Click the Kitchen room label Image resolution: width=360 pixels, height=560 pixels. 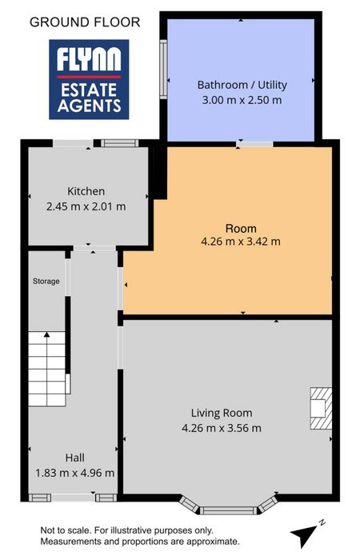pos(86,191)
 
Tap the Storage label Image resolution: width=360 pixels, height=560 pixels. pos(46,282)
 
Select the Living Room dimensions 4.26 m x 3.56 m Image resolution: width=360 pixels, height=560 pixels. pos(222,428)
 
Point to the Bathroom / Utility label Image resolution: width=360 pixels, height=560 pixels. pos(242,85)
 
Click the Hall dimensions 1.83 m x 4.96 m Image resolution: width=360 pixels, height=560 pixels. pos(74,473)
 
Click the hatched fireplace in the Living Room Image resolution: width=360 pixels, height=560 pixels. pos(321,408)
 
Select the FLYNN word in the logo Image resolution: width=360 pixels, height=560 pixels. pos(89,59)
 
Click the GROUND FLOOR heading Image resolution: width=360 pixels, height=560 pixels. pos(85,22)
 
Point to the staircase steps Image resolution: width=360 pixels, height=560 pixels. pos(46,369)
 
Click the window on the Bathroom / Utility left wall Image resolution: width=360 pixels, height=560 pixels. pos(163,70)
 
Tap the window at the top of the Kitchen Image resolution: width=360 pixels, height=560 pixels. pos(120,143)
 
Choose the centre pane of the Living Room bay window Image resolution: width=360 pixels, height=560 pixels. pos(228,510)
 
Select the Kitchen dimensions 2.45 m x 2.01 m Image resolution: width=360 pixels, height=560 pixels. pos(86,206)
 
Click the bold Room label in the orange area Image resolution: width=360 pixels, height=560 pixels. pos(241,228)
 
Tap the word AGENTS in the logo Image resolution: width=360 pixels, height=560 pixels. pos(89,106)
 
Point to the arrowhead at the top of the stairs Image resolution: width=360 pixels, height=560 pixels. pos(46,334)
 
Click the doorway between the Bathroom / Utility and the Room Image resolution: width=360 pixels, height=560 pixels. pos(254,144)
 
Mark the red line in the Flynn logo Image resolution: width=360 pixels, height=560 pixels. pos(89,77)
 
